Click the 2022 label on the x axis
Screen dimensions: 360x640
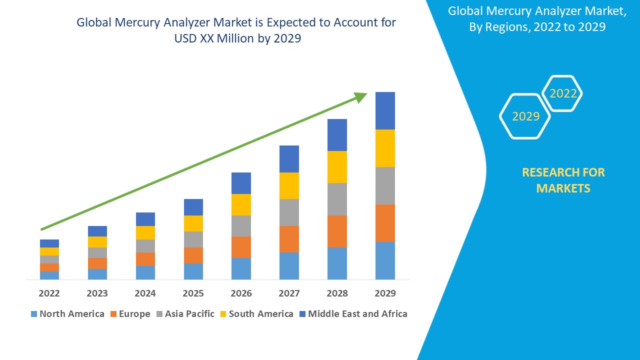click(x=49, y=293)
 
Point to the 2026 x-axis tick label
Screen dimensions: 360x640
click(x=241, y=293)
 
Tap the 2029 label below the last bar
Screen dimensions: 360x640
click(x=385, y=293)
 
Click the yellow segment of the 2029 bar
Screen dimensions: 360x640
click(x=385, y=148)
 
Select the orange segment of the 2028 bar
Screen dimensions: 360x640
click(x=337, y=231)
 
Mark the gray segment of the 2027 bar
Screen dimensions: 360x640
click(x=289, y=212)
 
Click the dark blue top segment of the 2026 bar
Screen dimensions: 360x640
click(x=241, y=183)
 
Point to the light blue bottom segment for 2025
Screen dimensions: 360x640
click(x=193, y=271)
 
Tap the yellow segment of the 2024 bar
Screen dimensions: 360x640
click(x=145, y=232)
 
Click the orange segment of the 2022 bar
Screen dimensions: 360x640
click(x=49, y=267)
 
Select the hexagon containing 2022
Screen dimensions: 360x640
click(x=562, y=93)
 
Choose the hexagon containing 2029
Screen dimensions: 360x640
click(x=525, y=116)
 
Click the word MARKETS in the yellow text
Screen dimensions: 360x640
click(x=563, y=188)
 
